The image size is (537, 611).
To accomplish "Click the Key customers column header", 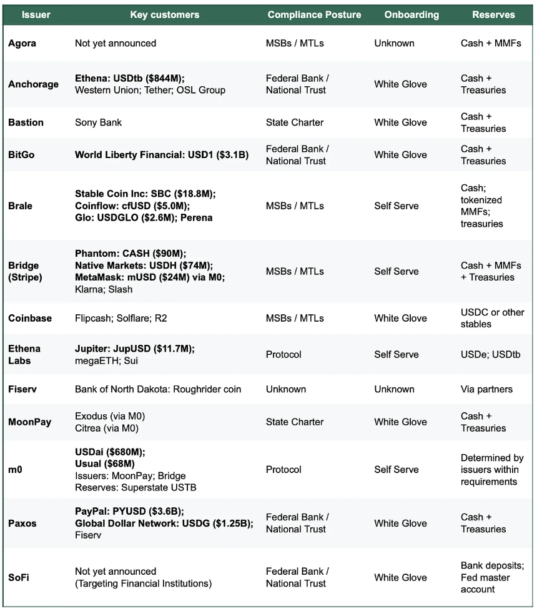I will (165, 14).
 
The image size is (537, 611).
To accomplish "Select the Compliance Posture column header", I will (314, 14).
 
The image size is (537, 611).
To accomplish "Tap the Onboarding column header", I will (411, 14).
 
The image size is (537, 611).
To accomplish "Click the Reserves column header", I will (493, 14).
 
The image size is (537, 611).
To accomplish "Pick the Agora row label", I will (22, 43).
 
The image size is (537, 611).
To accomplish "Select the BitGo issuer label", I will (21, 155).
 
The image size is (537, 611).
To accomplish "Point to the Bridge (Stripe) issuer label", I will (24, 271).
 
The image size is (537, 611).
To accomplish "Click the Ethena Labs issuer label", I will (24, 354).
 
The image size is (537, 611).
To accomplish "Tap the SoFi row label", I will (19, 577).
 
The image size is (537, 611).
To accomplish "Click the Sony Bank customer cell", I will (98, 122).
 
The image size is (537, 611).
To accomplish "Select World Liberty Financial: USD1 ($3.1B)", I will (162, 155).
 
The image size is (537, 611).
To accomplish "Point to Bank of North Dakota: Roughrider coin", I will (158, 389).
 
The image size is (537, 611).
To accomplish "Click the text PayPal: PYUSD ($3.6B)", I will (131, 511).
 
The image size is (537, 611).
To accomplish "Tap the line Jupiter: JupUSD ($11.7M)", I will (134, 349).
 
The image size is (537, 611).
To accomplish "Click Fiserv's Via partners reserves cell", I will (486, 389).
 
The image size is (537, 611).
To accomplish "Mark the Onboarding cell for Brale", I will (397, 206).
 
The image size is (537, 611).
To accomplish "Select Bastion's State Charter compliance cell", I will (294, 122).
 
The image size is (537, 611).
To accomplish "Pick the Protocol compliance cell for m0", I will (283, 469).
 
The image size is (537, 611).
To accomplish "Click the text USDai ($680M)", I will (109, 452).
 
